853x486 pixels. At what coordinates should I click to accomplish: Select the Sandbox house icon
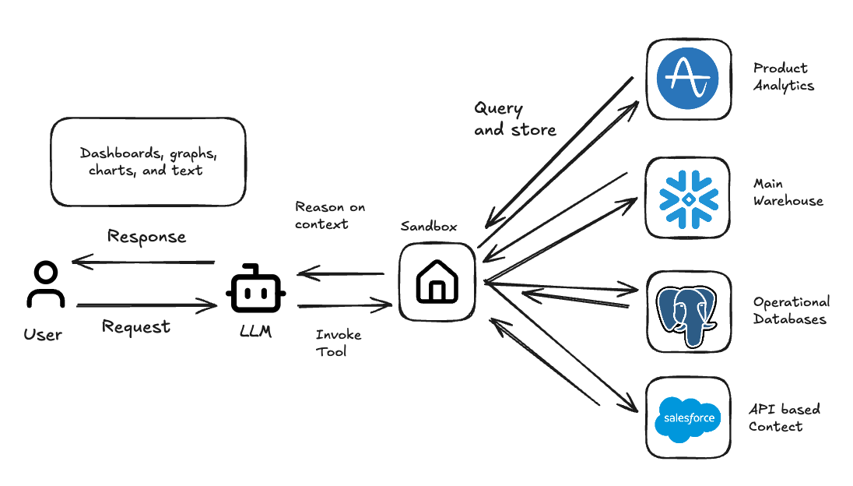(x=437, y=281)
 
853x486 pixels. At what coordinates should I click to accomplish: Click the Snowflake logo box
(x=688, y=198)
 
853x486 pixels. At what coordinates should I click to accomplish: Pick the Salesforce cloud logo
(x=688, y=418)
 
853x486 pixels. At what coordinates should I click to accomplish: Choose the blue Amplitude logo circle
(x=687, y=79)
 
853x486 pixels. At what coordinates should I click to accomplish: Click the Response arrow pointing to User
(x=143, y=262)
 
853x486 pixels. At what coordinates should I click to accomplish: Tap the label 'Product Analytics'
(x=783, y=77)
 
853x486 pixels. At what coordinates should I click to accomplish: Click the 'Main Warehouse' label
(x=788, y=192)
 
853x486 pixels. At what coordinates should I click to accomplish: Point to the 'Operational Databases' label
(x=791, y=310)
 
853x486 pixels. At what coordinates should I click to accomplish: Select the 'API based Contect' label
(x=784, y=417)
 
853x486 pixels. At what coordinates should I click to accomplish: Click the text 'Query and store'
(x=514, y=119)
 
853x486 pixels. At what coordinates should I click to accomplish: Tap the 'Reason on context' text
(x=329, y=216)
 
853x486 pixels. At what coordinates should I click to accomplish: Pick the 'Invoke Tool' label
(x=338, y=343)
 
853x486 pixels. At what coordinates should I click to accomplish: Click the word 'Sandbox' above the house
(x=429, y=227)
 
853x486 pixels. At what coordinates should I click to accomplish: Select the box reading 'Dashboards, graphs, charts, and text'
(x=148, y=162)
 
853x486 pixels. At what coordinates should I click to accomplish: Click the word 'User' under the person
(x=43, y=335)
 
